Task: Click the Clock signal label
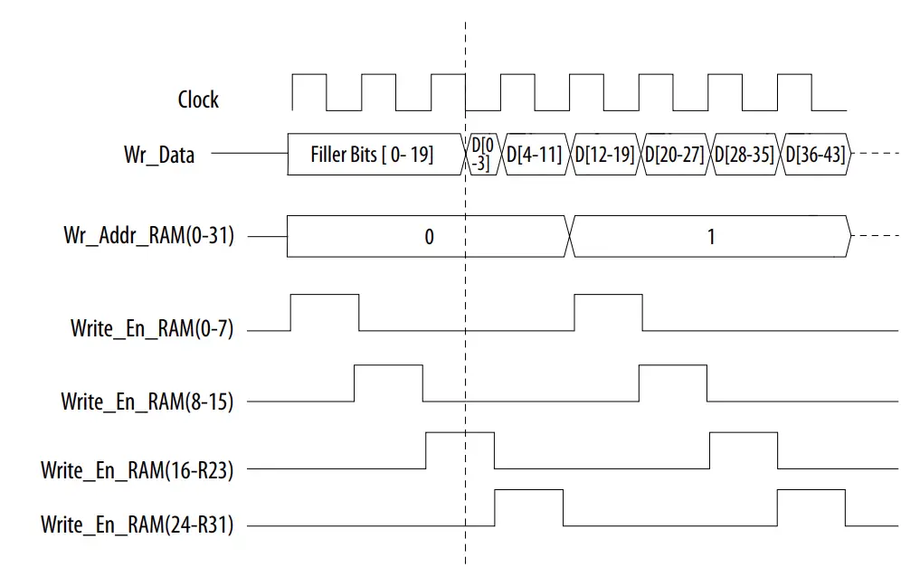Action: [197, 99]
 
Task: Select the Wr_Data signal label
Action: [159, 155]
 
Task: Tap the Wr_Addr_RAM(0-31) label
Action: [148, 237]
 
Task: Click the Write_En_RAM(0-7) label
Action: [152, 328]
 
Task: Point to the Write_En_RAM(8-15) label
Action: [147, 400]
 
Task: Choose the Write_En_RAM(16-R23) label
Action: [137, 469]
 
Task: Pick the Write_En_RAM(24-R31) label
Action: [137, 524]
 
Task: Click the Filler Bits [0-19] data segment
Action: [372, 155]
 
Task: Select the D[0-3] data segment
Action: [482, 155]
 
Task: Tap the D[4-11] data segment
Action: [535, 155]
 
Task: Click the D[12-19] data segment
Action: [605, 155]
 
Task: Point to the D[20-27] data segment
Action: [675, 155]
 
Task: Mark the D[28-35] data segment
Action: [745, 155]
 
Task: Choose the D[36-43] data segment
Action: [814, 155]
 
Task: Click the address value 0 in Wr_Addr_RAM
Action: [429, 237]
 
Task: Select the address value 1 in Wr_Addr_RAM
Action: [711, 237]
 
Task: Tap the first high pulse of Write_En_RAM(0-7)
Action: [325, 313]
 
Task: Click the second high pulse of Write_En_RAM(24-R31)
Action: [811, 507]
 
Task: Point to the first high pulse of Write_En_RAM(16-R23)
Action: [460, 450]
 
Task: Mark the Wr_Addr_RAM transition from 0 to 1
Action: [572, 237]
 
